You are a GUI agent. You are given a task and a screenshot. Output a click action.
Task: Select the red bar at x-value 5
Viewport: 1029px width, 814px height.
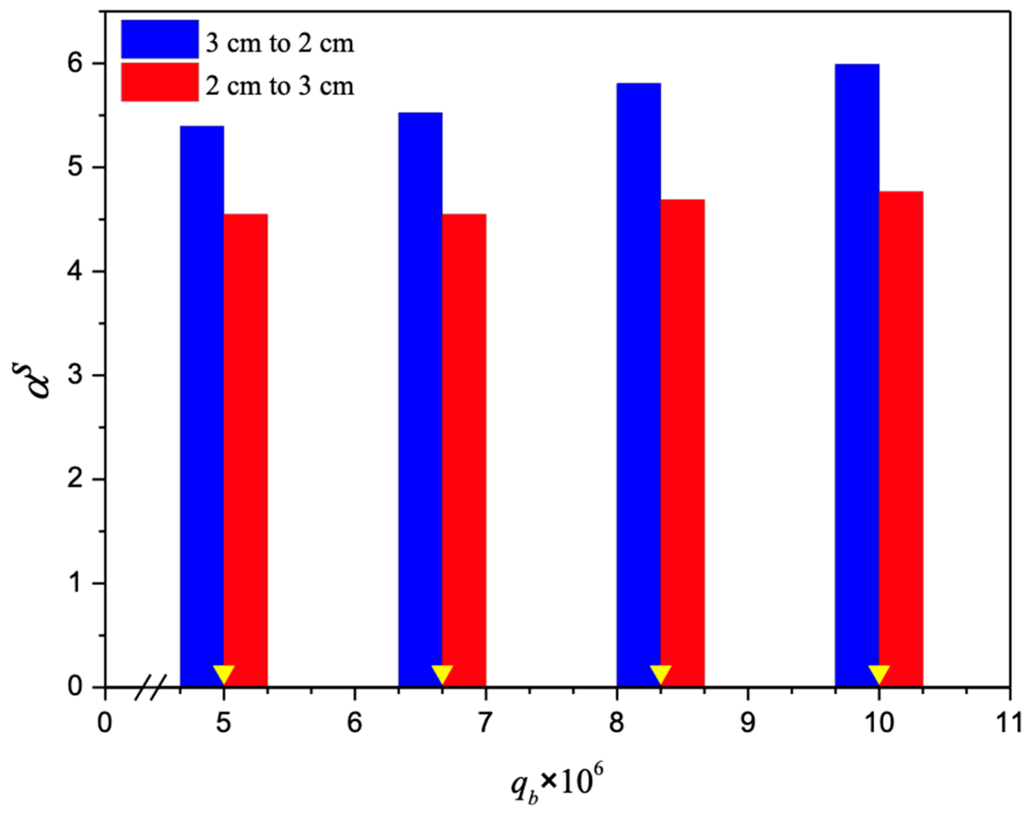click(x=245, y=448)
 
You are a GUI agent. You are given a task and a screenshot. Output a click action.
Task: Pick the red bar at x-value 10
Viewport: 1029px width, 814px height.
click(x=900, y=439)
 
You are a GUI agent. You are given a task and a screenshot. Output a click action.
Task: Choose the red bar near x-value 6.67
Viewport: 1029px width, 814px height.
click(x=464, y=448)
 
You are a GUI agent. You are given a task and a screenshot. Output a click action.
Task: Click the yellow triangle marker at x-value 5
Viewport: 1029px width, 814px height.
click(x=223, y=673)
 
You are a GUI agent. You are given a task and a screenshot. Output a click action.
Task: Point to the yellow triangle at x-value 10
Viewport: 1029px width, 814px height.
click(x=878, y=673)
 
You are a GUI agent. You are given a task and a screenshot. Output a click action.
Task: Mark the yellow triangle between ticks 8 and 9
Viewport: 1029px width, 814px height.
click(x=660, y=673)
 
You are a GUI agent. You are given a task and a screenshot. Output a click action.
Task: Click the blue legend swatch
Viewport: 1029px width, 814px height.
click(x=160, y=39)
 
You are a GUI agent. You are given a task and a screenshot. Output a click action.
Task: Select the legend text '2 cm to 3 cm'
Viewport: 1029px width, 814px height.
click(x=280, y=86)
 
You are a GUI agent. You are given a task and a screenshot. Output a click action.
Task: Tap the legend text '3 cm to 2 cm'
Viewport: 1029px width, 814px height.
click(x=280, y=44)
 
